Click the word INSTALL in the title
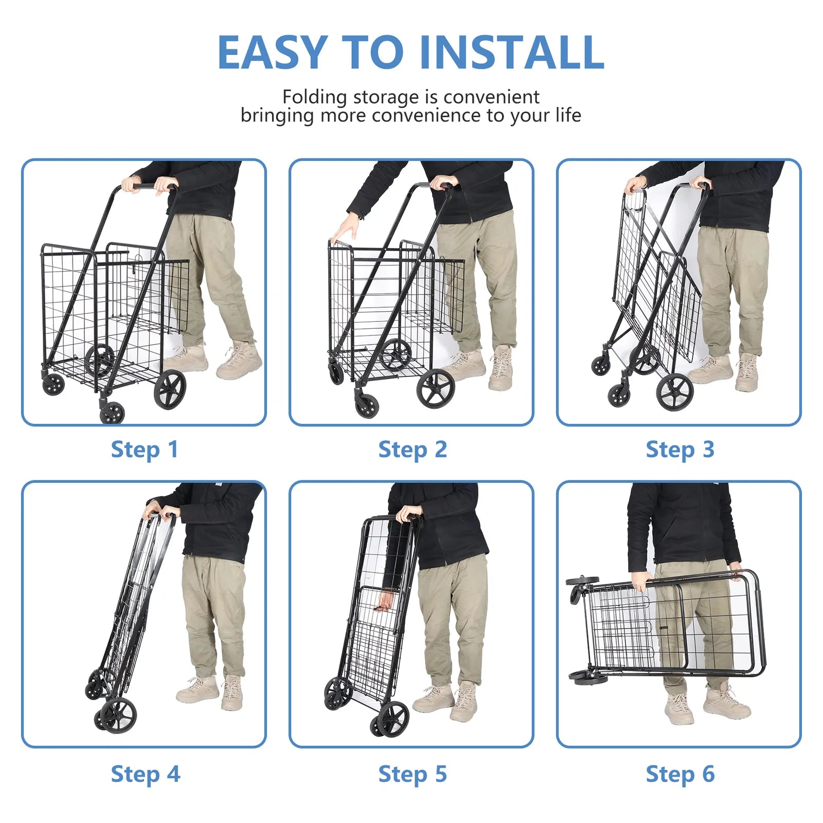(512, 52)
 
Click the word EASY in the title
(272, 52)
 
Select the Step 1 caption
(145, 450)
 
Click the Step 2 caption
(413, 450)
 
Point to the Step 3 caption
(680, 450)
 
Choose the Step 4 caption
(146, 774)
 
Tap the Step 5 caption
(413, 774)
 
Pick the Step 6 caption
(680, 774)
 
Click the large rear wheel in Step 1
(170, 389)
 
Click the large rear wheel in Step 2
(435, 388)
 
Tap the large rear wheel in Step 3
(674, 392)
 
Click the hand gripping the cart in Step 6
(640, 581)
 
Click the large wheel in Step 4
(118, 714)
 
